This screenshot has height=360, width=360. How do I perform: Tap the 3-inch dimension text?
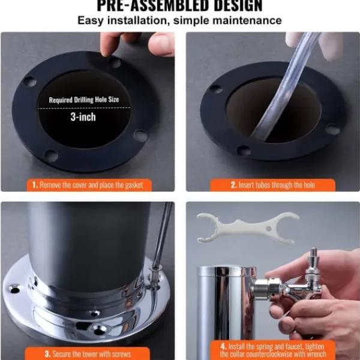point(83,117)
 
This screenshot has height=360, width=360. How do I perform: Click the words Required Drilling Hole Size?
point(84,100)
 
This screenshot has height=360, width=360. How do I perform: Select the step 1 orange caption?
point(89,185)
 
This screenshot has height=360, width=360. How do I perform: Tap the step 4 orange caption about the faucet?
point(273,350)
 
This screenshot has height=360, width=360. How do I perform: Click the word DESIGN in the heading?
point(238,6)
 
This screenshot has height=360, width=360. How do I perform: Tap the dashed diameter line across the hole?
point(84,108)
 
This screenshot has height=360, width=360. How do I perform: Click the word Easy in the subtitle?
point(91,20)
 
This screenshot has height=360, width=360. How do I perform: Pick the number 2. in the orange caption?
point(234,185)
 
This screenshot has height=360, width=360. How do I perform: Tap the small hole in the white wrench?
point(268,229)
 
